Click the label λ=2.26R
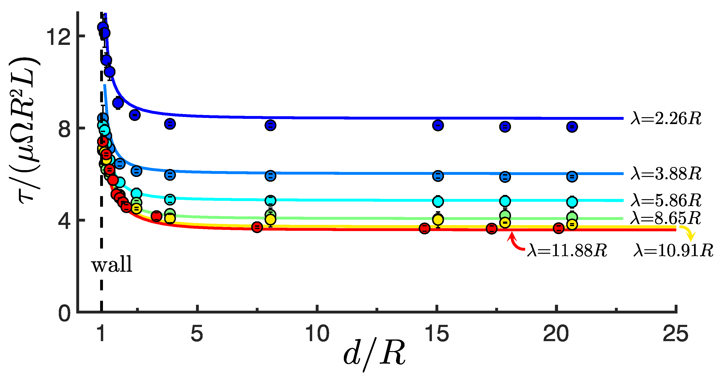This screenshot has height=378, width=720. [666, 119]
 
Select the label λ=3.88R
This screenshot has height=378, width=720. [666, 174]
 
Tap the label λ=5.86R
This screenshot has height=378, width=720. [666, 200]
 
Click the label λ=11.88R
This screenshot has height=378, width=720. [567, 250]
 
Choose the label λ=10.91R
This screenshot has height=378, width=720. [673, 250]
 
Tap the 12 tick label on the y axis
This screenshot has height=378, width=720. [58, 37]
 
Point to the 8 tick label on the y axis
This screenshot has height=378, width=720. [64, 129]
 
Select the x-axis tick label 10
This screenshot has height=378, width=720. [317, 334]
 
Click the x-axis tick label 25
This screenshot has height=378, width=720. [675, 334]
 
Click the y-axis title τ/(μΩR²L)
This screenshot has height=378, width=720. [25, 130]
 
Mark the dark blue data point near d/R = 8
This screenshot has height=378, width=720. [270, 125]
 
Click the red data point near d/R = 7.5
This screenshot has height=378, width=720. [257, 227]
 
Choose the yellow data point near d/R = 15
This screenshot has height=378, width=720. [438, 220]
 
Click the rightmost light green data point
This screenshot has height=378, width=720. [572, 217]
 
